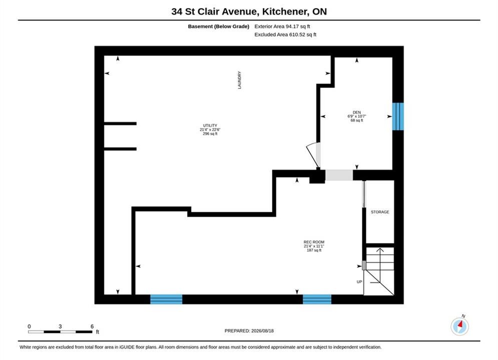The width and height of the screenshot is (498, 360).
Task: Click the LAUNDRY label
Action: click(239, 80)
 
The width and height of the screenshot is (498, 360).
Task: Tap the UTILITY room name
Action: click(210, 125)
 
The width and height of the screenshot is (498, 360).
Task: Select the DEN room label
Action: click(357, 112)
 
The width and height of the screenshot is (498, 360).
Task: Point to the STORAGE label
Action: click(380, 212)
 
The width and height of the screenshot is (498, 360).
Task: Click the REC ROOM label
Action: click(314, 242)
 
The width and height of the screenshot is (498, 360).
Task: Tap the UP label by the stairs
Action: click(359, 281)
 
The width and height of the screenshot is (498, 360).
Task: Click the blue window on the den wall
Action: click(398, 116)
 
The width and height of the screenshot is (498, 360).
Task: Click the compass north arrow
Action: click(459, 325)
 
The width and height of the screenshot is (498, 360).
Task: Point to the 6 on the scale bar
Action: click(92, 326)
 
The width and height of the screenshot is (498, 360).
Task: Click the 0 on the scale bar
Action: click(29, 326)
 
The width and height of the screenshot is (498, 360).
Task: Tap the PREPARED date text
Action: click(249, 331)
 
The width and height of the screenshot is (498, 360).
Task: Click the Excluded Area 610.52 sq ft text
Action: click(285, 34)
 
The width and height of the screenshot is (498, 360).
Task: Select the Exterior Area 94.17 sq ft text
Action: click(282, 26)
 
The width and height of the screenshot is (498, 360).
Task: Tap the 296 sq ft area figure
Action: click(210, 134)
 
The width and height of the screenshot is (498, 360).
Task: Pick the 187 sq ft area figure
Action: click(314, 250)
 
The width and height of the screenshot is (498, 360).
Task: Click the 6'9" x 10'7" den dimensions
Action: click(357, 116)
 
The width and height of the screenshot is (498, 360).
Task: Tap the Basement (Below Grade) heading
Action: click(219, 26)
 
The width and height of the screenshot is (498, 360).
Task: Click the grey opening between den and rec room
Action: click(339, 175)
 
